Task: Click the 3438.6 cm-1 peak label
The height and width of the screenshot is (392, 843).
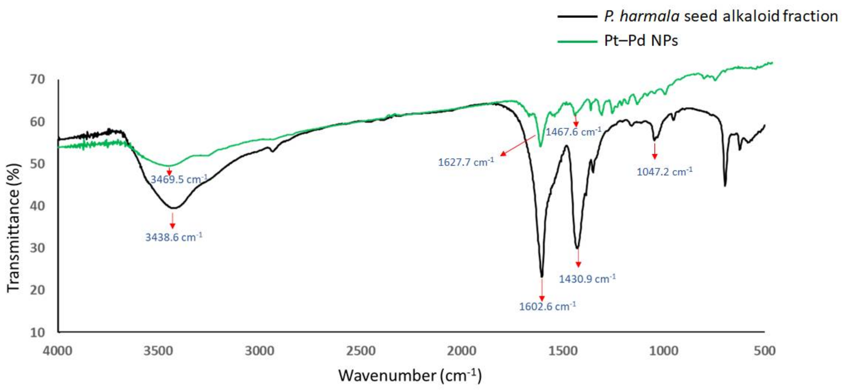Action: point(174,236)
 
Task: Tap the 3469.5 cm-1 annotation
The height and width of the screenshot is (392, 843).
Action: point(179,179)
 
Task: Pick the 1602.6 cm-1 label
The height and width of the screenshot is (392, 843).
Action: point(548,306)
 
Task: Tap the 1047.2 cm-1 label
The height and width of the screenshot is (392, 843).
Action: point(665,171)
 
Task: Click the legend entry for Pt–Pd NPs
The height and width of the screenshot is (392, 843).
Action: point(641,41)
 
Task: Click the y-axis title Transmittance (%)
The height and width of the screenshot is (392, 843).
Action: point(14,227)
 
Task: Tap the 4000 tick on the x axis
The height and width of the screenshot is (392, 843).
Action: point(58,351)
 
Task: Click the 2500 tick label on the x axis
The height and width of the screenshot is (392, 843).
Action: point(361,351)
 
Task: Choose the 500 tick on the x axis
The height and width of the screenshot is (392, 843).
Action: point(764,351)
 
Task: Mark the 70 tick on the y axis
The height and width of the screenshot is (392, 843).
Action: point(37,79)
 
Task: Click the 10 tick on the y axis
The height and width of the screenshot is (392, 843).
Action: point(37,332)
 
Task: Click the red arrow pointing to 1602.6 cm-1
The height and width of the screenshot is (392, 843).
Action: point(542,290)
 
